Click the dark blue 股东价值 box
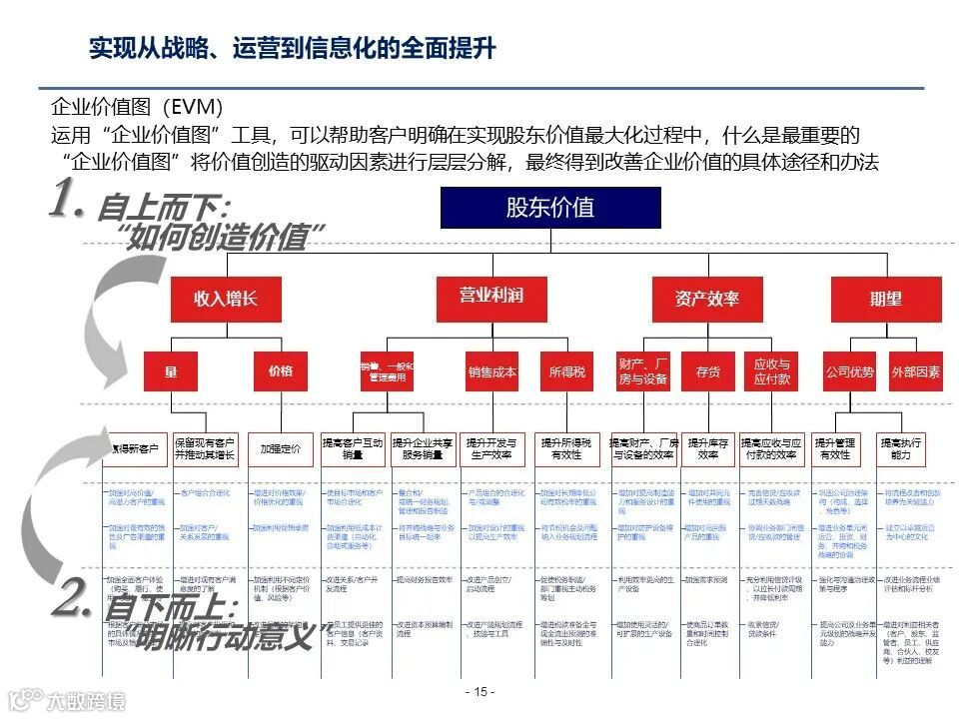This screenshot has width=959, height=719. tap(549, 208)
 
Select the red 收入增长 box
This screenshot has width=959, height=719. tap(226, 299)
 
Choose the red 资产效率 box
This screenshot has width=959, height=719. tap(707, 299)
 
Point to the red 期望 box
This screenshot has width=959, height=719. tap(885, 299)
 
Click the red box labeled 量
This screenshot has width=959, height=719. tap(171, 371)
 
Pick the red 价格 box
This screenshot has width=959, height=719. tap(281, 371)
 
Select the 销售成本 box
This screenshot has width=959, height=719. tap(491, 371)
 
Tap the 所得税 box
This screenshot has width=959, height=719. tap(567, 371)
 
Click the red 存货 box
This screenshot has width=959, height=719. tap(707, 371)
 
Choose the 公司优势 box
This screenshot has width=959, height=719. tap(850, 371)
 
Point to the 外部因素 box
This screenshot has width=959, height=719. tap(915, 371)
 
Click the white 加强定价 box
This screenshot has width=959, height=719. tap(281, 449)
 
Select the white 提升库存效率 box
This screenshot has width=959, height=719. tap(708, 448)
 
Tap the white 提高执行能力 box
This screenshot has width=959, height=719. tap(901, 448)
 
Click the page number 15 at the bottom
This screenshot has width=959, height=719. tap(479, 692)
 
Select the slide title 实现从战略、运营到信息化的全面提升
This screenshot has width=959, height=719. tap(293, 48)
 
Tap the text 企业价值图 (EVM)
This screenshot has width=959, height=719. tap(137, 107)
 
